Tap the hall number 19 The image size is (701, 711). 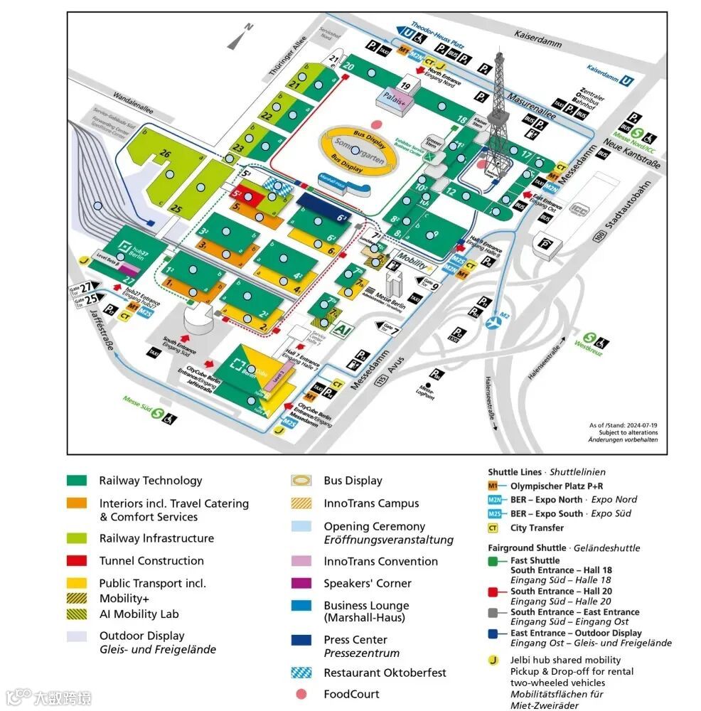pos(405,85)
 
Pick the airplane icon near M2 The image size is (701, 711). pos(493,324)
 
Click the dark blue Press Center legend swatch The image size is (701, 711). pos(301,640)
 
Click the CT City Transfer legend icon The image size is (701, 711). pos(493,528)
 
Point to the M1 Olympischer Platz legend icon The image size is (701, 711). pos(493,486)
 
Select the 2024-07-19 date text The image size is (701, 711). pos(636,424)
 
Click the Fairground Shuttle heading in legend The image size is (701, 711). pos(518,548)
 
